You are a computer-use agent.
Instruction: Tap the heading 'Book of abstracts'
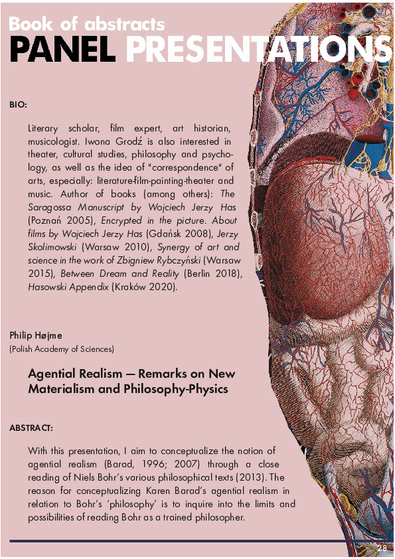click(86, 25)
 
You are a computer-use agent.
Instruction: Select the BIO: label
click(18, 105)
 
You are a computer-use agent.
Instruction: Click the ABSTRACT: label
click(31, 428)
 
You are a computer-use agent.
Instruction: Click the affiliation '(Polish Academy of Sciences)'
click(62, 349)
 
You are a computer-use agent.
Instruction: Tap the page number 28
click(382, 548)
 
